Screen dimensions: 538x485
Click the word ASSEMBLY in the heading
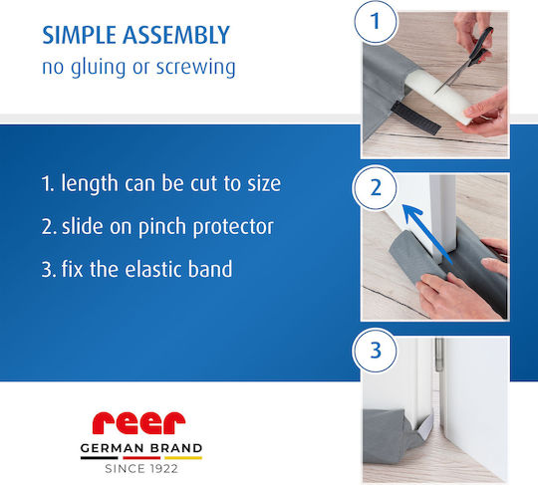click(176, 35)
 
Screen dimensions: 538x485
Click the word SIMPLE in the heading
click(79, 35)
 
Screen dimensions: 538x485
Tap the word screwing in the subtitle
click(196, 68)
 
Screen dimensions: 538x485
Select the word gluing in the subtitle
click(98, 68)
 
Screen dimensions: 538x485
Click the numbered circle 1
click(376, 21)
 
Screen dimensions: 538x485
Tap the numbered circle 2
click(376, 187)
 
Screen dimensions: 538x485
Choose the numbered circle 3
click(376, 351)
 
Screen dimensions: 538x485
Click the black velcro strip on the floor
click(415, 119)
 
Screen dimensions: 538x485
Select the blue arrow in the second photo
click(427, 234)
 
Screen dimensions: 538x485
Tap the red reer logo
click(138, 423)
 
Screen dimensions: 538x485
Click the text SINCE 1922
click(141, 468)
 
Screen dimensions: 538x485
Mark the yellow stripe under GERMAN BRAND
click(183, 457)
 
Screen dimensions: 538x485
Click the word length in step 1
click(90, 184)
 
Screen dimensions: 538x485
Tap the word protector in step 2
click(233, 227)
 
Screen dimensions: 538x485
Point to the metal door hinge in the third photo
click(438, 355)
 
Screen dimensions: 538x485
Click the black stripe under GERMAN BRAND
click(100, 457)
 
